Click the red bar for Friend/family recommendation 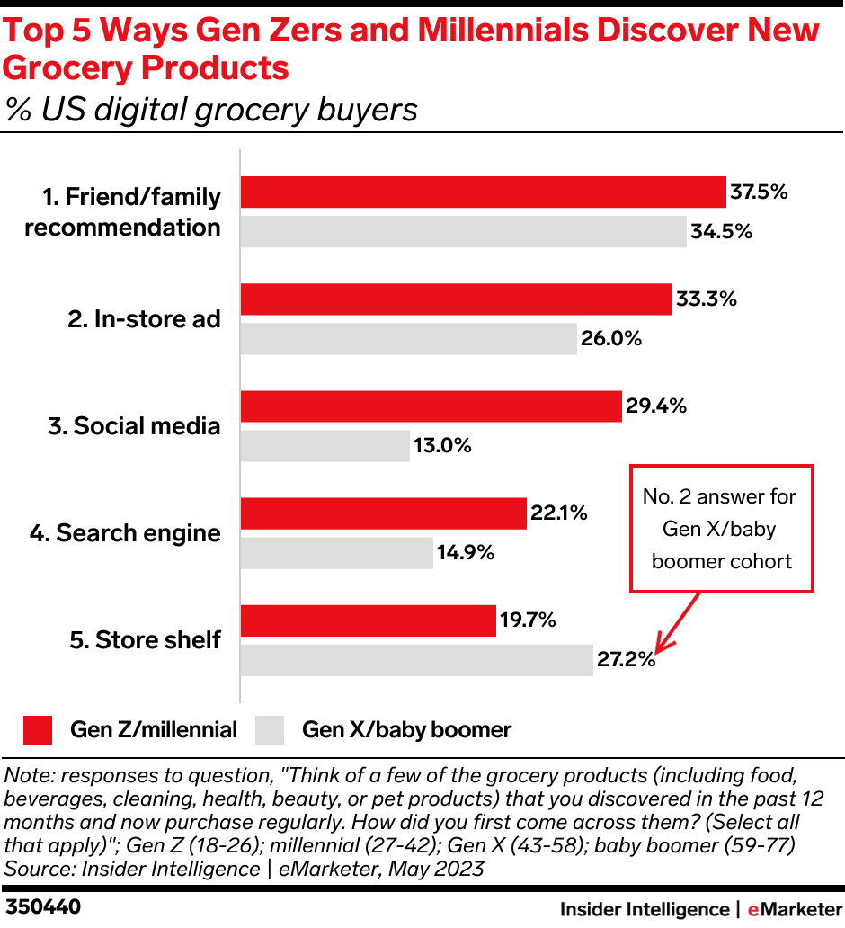[x=483, y=192]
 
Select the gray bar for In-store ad [x=409, y=338]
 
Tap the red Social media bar [x=431, y=406]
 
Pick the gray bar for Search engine [x=337, y=553]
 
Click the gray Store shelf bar [x=417, y=660]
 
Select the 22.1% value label [x=560, y=513]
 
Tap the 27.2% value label [x=626, y=660]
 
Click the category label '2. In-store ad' [x=144, y=319]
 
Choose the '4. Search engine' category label [x=125, y=533]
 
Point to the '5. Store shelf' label [x=145, y=640]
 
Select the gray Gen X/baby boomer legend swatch [x=270, y=729]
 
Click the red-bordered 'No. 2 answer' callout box [x=722, y=529]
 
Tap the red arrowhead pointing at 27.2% [x=660, y=647]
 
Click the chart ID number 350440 [x=43, y=907]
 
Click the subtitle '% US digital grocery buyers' [x=211, y=110]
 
